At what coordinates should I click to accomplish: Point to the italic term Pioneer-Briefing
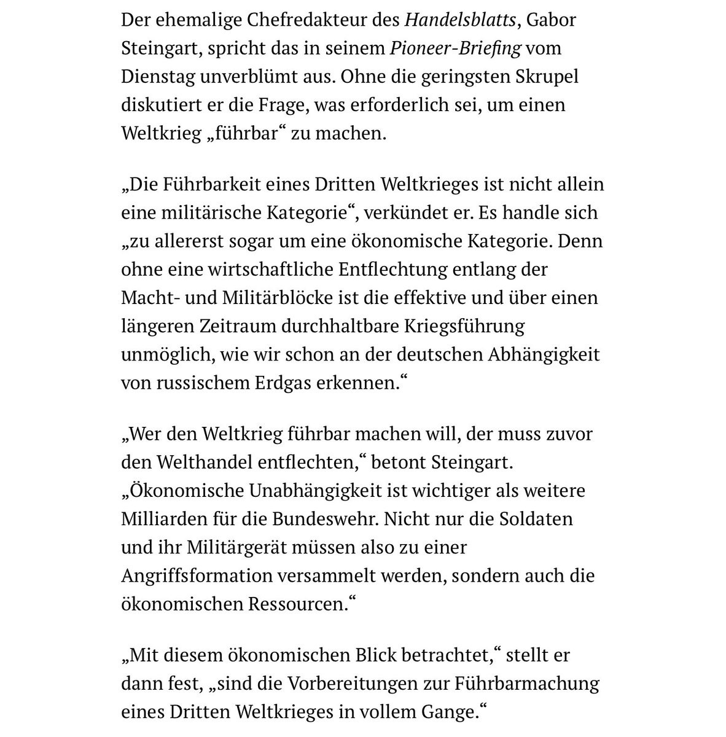(456, 48)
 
